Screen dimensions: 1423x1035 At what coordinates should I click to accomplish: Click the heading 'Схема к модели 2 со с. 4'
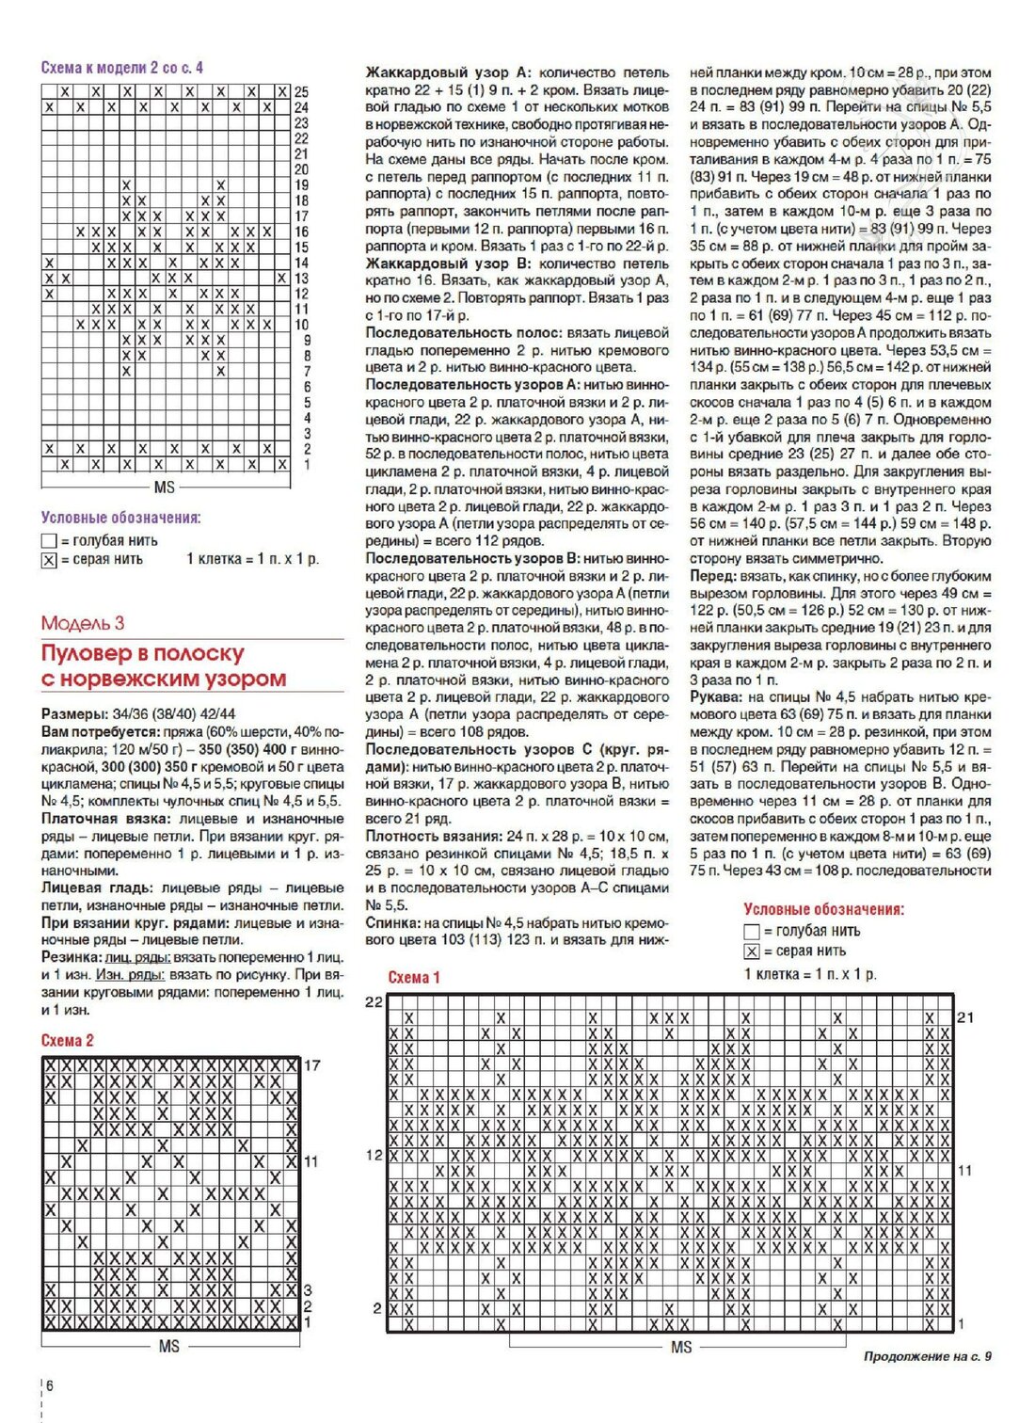point(121,68)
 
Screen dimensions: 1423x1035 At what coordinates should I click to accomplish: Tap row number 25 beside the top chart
point(301,92)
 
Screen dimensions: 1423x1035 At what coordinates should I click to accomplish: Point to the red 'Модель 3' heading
point(83,623)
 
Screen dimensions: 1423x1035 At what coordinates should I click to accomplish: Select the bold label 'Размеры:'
point(74,714)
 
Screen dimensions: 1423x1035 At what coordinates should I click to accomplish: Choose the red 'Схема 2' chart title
point(68,1040)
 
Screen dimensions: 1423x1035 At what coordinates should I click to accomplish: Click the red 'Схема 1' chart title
point(414,977)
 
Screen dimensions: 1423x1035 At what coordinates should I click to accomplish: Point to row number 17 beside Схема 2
point(312,1065)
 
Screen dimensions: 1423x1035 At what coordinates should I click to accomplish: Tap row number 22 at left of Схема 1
point(374,1002)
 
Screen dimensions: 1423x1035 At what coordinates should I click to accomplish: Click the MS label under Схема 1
point(681,1348)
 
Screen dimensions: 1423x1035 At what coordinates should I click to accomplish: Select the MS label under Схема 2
point(168,1347)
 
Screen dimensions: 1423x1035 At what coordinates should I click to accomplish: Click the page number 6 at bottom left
point(50,1385)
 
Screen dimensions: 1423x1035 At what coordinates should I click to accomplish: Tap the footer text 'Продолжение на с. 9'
point(927,1356)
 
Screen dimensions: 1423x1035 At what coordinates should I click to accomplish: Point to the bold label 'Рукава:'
point(716,697)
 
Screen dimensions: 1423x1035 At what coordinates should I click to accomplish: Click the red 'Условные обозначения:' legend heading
point(823,909)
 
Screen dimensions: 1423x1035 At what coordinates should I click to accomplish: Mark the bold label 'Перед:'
point(712,576)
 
